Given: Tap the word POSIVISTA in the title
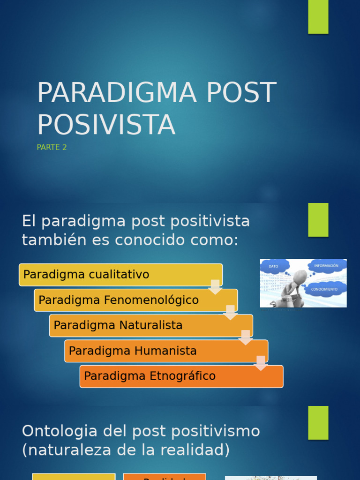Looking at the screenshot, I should [106, 126].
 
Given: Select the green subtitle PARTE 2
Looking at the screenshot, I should [52, 147].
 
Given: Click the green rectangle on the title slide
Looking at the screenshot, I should [318, 17].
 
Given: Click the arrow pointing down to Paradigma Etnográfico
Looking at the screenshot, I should [261, 363].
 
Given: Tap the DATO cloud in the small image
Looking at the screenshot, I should [274, 266].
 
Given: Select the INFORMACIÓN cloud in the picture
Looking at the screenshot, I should [326, 266].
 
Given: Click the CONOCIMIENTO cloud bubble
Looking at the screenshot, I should [324, 289].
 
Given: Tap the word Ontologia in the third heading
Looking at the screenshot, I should [60, 431].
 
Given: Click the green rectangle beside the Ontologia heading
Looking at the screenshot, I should [318, 422].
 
